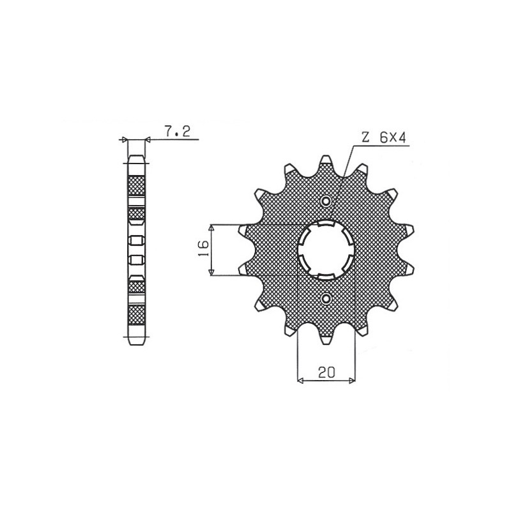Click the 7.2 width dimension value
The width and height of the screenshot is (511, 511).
(174, 132)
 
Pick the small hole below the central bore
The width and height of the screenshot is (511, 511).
(326, 298)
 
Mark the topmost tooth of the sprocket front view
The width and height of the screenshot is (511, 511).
(326, 160)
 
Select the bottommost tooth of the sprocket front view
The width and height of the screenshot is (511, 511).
(326, 340)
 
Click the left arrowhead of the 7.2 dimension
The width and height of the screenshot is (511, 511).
(125, 139)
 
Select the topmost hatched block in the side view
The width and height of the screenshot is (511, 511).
(137, 185)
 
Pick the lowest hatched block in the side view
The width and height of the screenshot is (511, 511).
(137, 315)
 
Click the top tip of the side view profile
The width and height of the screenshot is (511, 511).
(137, 155)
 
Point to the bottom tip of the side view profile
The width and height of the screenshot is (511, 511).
(137, 345)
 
